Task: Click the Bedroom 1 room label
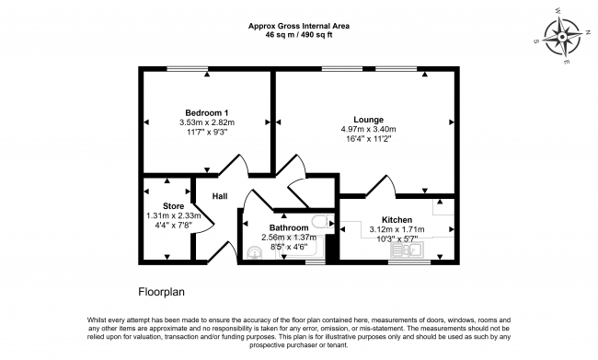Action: [x=206, y=111]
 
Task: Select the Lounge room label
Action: [x=368, y=119]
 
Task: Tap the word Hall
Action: [x=220, y=196]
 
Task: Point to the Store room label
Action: [x=173, y=205]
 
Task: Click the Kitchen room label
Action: [x=397, y=220]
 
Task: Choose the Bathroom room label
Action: [x=287, y=227]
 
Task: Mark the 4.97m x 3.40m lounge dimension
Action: [x=368, y=130]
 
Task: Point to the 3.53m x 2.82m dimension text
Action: [x=206, y=122]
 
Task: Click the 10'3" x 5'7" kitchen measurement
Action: [x=397, y=238]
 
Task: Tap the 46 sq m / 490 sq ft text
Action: [x=298, y=34]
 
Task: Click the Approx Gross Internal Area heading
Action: [x=298, y=25]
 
